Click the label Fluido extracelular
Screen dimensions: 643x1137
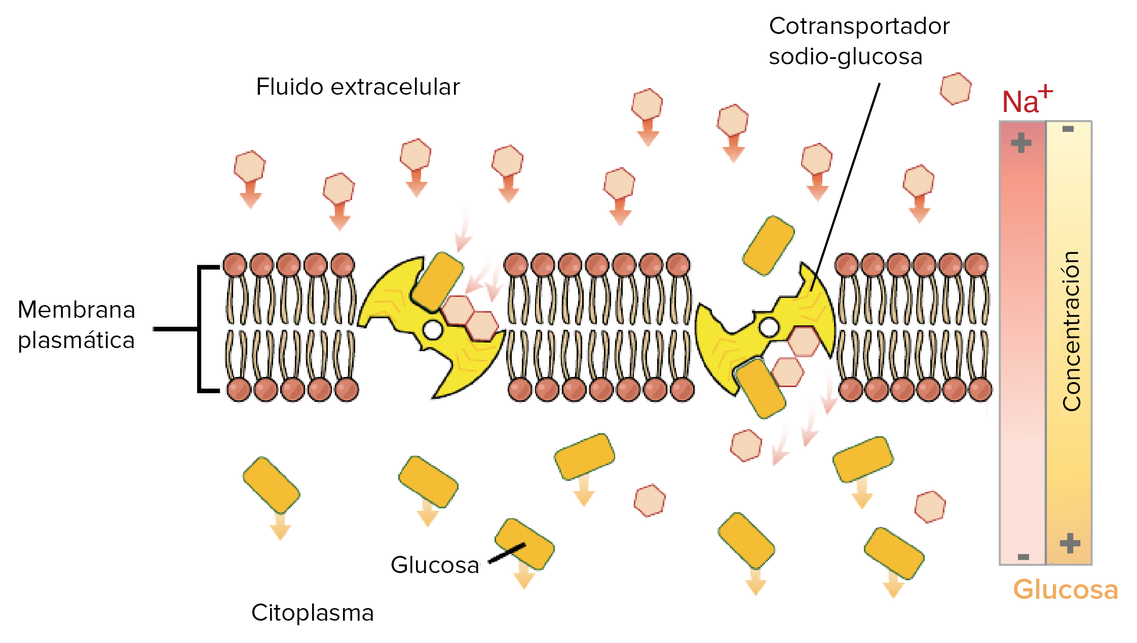point(358,87)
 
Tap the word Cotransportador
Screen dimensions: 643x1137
point(859,26)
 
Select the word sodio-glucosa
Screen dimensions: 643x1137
point(845,57)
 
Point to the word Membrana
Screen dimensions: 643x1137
point(77,310)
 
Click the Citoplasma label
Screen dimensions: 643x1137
point(312,613)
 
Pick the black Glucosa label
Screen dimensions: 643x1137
point(435,565)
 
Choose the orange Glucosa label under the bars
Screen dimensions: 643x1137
point(1065,590)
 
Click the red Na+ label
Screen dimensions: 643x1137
point(1026,101)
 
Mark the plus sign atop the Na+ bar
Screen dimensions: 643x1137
point(1021,143)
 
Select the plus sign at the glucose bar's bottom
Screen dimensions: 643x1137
point(1070,543)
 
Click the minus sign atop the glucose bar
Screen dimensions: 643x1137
point(1068,129)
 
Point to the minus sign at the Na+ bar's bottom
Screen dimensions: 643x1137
point(1023,557)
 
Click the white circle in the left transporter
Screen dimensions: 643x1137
point(433,330)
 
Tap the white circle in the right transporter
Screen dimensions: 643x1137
point(769,327)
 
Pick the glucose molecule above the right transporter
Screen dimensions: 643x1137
point(768,246)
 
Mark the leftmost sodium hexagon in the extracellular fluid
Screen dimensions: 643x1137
point(249,166)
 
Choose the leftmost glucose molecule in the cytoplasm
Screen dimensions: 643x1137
point(271,485)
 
